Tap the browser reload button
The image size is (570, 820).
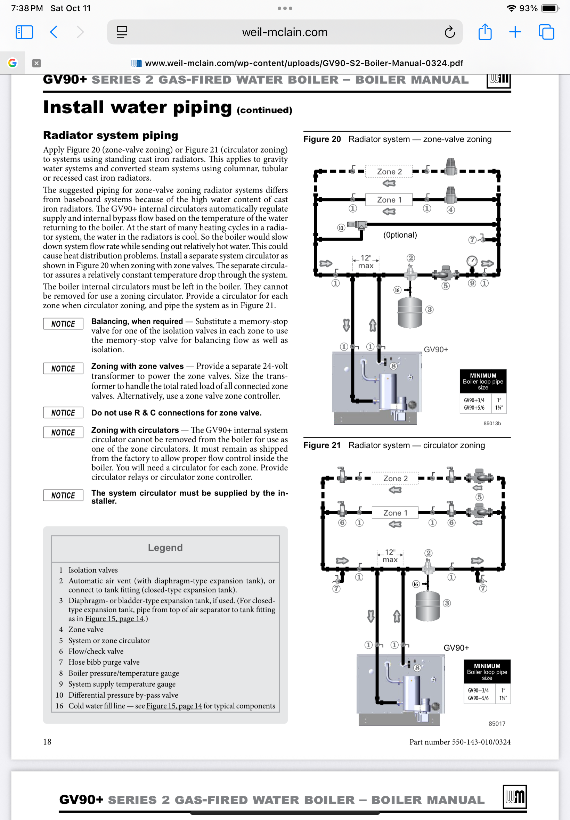pos(450,32)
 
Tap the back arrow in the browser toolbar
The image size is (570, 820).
pos(54,32)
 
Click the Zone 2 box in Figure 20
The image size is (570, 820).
pos(389,172)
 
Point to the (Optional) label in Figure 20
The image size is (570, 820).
pos(400,235)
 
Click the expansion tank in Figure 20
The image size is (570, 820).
pos(410,312)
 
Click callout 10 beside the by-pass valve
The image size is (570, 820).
pos(341,228)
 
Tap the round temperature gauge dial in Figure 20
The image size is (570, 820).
pos(472,261)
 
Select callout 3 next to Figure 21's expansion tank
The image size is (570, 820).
pos(447,603)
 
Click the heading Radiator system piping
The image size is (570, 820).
pos(111,136)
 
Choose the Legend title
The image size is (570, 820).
pos(165,548)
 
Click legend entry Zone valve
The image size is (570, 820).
pos(86,629)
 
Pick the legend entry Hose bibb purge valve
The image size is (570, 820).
pos(104,662)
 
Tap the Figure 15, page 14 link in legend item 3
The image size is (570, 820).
pos(114,619)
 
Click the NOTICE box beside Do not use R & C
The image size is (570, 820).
pos(63,413)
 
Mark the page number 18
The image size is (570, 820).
pos(47,741)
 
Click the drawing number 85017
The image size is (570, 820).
pos(497,723)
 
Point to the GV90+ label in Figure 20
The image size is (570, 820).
pos(436,350)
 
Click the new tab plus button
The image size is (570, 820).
pos(515,32)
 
